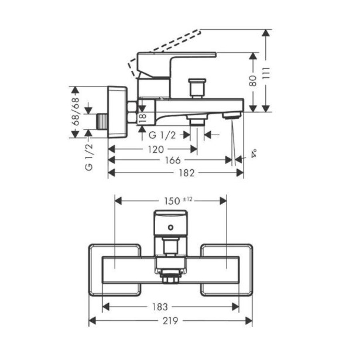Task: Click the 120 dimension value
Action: click(156, 150)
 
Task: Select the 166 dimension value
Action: click(173, 160)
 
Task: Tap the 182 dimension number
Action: click(187, 173)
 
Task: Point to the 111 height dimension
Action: click(266, 73)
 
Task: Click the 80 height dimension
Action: click(253, 80)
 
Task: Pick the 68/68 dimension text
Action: click(76, 112)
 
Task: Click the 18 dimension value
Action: click(142, 118)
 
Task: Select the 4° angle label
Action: click(254, 153)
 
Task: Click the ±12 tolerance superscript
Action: click(188, 199)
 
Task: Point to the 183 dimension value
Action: click(160, 307)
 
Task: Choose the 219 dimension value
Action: click(170, 321)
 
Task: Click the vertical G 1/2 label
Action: click(89, 157)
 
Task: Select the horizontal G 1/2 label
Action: click(162, 135)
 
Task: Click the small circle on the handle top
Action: click(170, 228)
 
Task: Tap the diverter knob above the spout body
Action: click(197, 88)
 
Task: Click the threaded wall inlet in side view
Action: click(102, 121)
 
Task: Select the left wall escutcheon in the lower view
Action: click(115, 270)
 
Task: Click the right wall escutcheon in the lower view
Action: click(227, 270)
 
